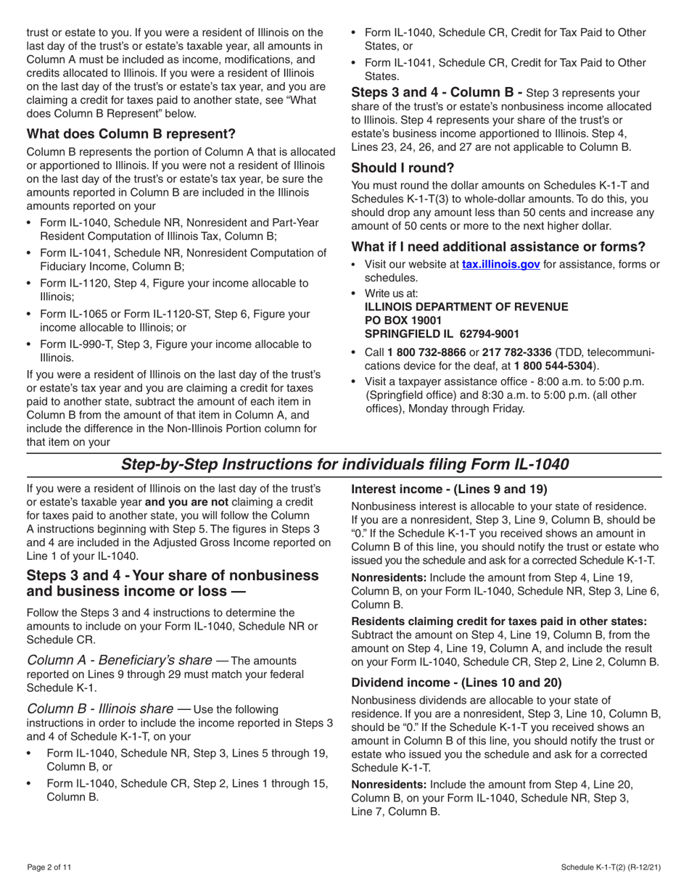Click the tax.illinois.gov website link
(500, 265)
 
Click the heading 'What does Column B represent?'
(131, 134)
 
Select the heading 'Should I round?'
(403, 168)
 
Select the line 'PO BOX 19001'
(403, 320)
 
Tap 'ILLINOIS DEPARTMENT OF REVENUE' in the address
(466, 307)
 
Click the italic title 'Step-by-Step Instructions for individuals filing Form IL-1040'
(344, 464)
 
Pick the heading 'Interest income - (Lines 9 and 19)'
(449, 490)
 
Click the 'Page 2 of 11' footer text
(49, 867)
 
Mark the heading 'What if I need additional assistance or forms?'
(498, 246)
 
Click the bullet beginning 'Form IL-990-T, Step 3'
(175, 344)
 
